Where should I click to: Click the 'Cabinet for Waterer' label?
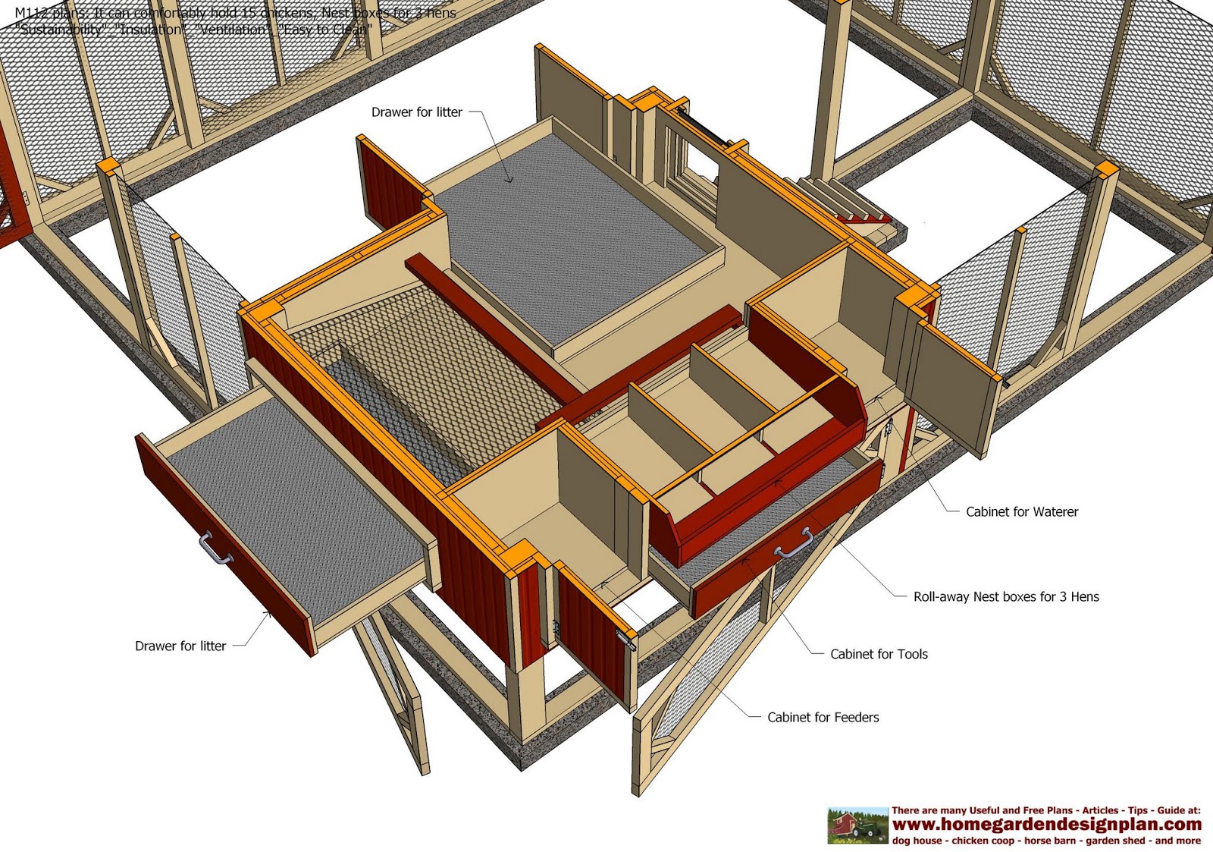tap(1021, 512)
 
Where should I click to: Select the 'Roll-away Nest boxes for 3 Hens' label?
tap(1005, 597)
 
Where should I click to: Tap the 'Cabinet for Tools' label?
tap(879, 654)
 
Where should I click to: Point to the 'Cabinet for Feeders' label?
tap(823, 717)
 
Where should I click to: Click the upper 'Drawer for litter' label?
tap(416, 112)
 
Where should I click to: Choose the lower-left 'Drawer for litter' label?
tap(180, 646)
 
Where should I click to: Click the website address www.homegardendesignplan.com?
tap(1046, 824)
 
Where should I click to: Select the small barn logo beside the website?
tap(857, 825)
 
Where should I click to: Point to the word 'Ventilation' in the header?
tap(231, 30)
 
